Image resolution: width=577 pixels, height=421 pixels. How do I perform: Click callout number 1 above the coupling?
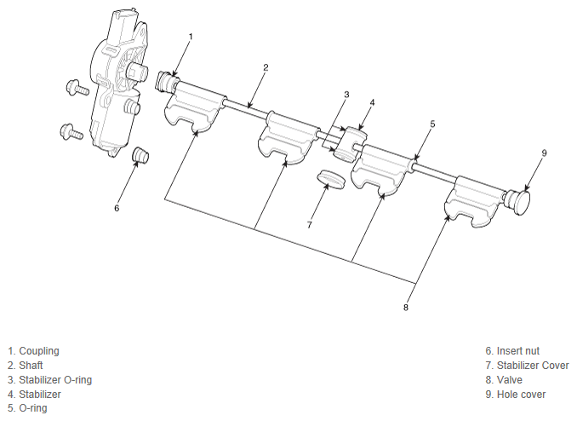coord(191,37)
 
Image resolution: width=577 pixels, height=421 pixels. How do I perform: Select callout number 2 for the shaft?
coord(266,67)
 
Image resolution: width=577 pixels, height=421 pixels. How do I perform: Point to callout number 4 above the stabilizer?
coord(372,102)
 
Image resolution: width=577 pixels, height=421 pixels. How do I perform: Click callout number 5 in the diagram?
coord(432,124)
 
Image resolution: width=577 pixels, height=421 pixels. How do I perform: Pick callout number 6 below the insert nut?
coord(117,207)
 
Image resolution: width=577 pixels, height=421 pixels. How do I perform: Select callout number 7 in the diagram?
coord(309,225)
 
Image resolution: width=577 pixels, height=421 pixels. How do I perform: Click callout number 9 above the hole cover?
coord(544,153)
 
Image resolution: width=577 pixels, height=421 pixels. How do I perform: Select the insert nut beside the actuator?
coord(140,154)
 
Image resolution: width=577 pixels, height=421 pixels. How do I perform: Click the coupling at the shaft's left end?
coord(167,83)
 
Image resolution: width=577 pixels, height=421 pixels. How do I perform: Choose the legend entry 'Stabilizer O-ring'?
coord(49,379)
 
